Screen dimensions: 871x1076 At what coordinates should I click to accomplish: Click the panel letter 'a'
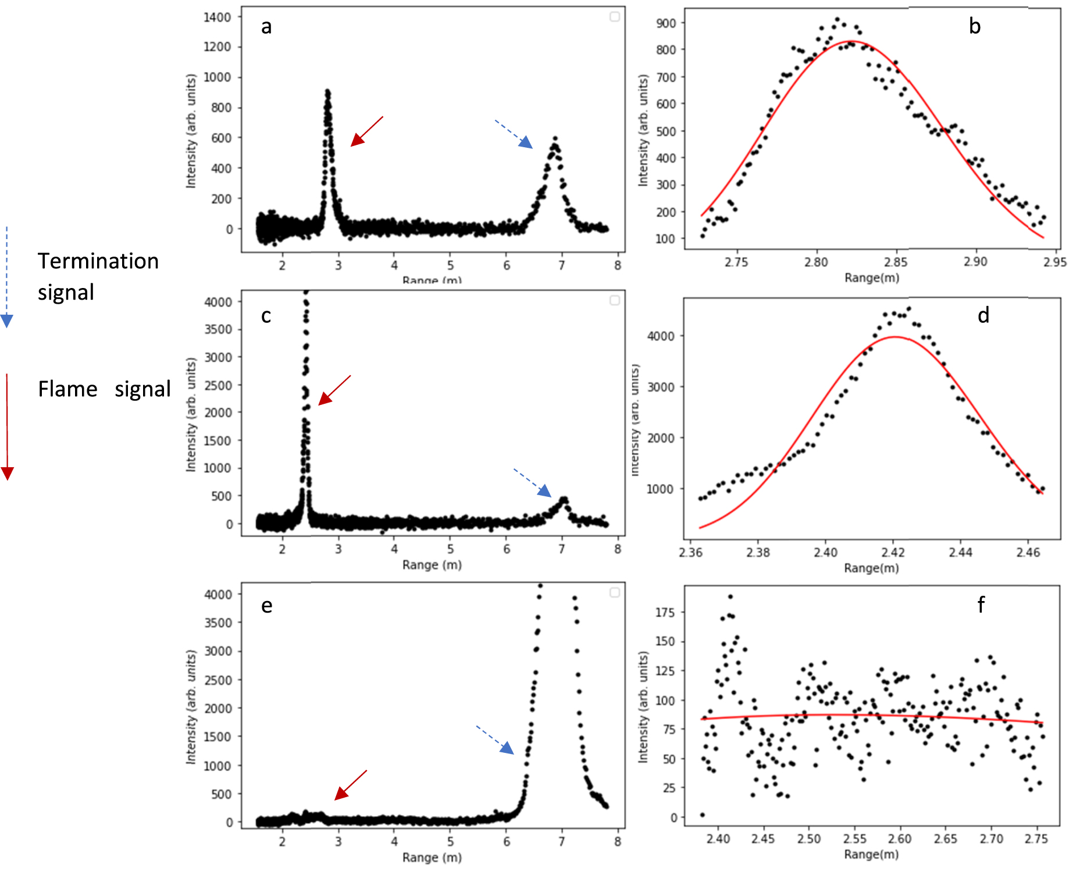point(266,27)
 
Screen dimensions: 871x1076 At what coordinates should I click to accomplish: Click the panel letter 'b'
point(975,26)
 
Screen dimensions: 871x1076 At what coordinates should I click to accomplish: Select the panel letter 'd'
point(983,315)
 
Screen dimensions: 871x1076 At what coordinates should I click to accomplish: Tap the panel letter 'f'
point(981,605)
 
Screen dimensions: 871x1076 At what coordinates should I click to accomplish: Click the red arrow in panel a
point(367,131)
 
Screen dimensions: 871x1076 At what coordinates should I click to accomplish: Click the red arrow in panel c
point(334,390)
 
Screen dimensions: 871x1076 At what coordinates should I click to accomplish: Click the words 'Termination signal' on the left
point(98,276)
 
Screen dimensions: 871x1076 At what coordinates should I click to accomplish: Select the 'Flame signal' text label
point(104,389)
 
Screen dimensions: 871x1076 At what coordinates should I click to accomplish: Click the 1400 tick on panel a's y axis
point(217,17)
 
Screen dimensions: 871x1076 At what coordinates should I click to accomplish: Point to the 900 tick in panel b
point(666,23)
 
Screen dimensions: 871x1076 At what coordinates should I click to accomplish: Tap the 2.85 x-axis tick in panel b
point(896,262)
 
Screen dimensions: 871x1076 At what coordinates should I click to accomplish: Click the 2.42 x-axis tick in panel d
point(893,552)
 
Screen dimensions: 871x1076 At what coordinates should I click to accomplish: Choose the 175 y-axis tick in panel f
point(665,612)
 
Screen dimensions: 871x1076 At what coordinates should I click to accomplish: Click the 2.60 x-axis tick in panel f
point(900,838)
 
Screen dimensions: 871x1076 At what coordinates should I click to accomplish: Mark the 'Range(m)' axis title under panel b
point(872,278)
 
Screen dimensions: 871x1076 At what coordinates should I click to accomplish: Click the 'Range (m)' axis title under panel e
point(432,857)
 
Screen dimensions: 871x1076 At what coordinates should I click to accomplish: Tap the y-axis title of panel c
point(191,414)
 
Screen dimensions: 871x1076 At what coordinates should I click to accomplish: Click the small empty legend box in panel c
point(615,300)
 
